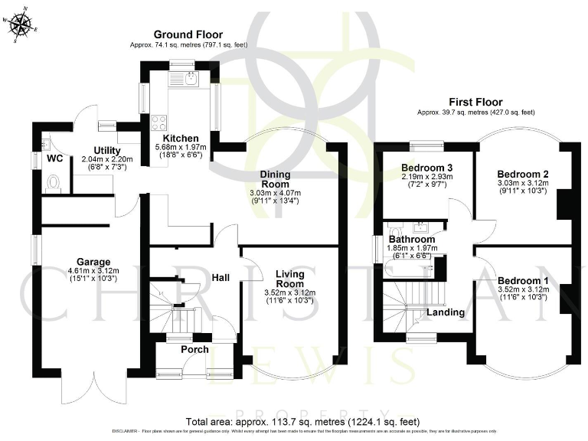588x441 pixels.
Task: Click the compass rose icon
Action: coord(21,24)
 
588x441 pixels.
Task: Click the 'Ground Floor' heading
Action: coord(188,34)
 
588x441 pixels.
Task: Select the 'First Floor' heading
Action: coord(475,102)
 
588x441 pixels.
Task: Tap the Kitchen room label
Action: coord(181,139)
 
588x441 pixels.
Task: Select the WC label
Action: coord(54,158)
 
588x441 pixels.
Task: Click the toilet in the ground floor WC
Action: coord(54,182)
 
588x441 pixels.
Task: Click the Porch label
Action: coord(194,349)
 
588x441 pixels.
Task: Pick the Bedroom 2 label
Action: coord(522,173)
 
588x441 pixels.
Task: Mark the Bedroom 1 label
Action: coord(522,280)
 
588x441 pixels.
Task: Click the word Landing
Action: coord(445,312)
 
